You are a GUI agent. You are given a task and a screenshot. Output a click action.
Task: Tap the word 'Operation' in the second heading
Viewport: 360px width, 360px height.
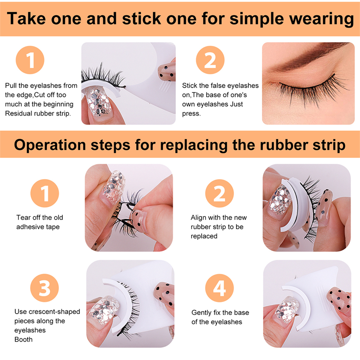tap(50, 145)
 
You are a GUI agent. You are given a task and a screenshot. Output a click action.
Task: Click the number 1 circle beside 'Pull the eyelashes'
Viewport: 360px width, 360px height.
tap(30, 60)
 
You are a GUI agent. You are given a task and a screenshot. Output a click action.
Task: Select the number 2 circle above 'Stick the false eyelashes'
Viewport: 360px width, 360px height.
tap(210, 60)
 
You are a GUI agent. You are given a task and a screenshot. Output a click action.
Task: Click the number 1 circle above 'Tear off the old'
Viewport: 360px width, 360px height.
tap(45, 193)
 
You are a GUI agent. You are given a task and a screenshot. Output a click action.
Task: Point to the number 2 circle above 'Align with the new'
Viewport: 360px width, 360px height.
tap(220, 193)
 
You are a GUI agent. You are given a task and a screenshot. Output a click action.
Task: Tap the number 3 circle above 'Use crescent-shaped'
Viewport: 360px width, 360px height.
tap(45, 288)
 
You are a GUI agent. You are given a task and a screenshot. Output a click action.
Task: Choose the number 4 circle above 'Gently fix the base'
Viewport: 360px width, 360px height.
tap(220, 288)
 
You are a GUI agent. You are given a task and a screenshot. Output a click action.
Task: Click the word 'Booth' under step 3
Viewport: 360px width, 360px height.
tap(23, 339)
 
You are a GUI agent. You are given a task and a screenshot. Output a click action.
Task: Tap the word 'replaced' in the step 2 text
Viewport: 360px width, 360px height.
tap(204, 236)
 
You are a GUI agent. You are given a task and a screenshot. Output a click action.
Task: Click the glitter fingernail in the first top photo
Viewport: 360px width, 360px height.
tap(98, 103)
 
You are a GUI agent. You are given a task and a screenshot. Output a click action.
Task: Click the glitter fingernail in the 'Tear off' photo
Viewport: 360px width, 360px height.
tap(114, 186)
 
